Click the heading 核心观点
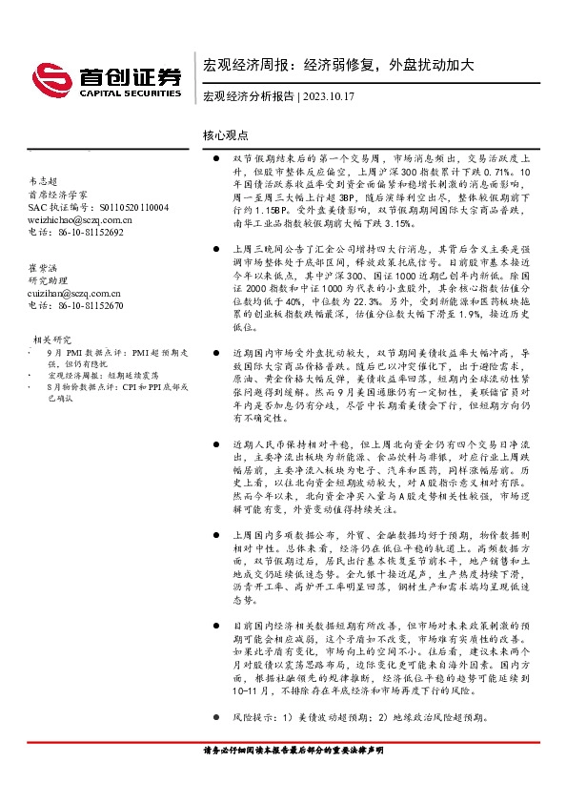point(226,137)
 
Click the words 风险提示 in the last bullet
point(253,715)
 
